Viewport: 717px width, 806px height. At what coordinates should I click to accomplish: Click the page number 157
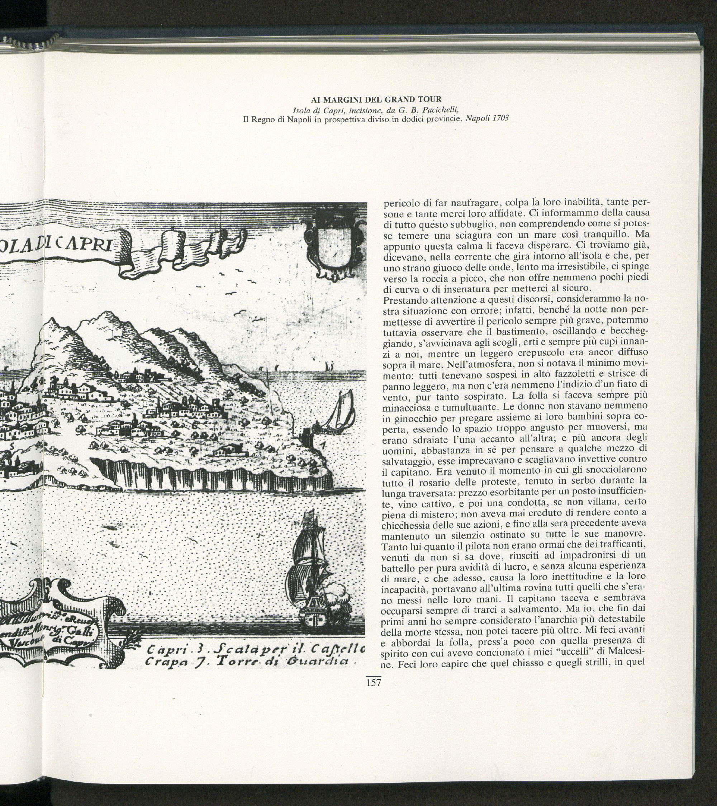pyautogui.click(x=373, y=682)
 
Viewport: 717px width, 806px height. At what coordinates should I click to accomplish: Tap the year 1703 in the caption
pyautogui.click(x=500, y=118)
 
